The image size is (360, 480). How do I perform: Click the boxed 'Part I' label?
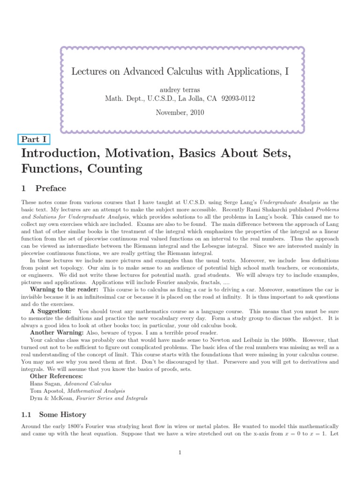click(33, 139)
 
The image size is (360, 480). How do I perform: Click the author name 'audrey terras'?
click(180, 89)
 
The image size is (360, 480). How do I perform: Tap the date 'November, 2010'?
click(180, 112)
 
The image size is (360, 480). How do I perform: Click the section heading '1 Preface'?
click(44, 188)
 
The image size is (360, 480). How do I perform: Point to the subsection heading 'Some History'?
click(63, 414)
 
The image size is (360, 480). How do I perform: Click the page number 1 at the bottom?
click(180, 452)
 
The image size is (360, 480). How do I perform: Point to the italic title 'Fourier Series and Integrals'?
click(117, 397)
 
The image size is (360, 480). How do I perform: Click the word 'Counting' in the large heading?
click(112, 168)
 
